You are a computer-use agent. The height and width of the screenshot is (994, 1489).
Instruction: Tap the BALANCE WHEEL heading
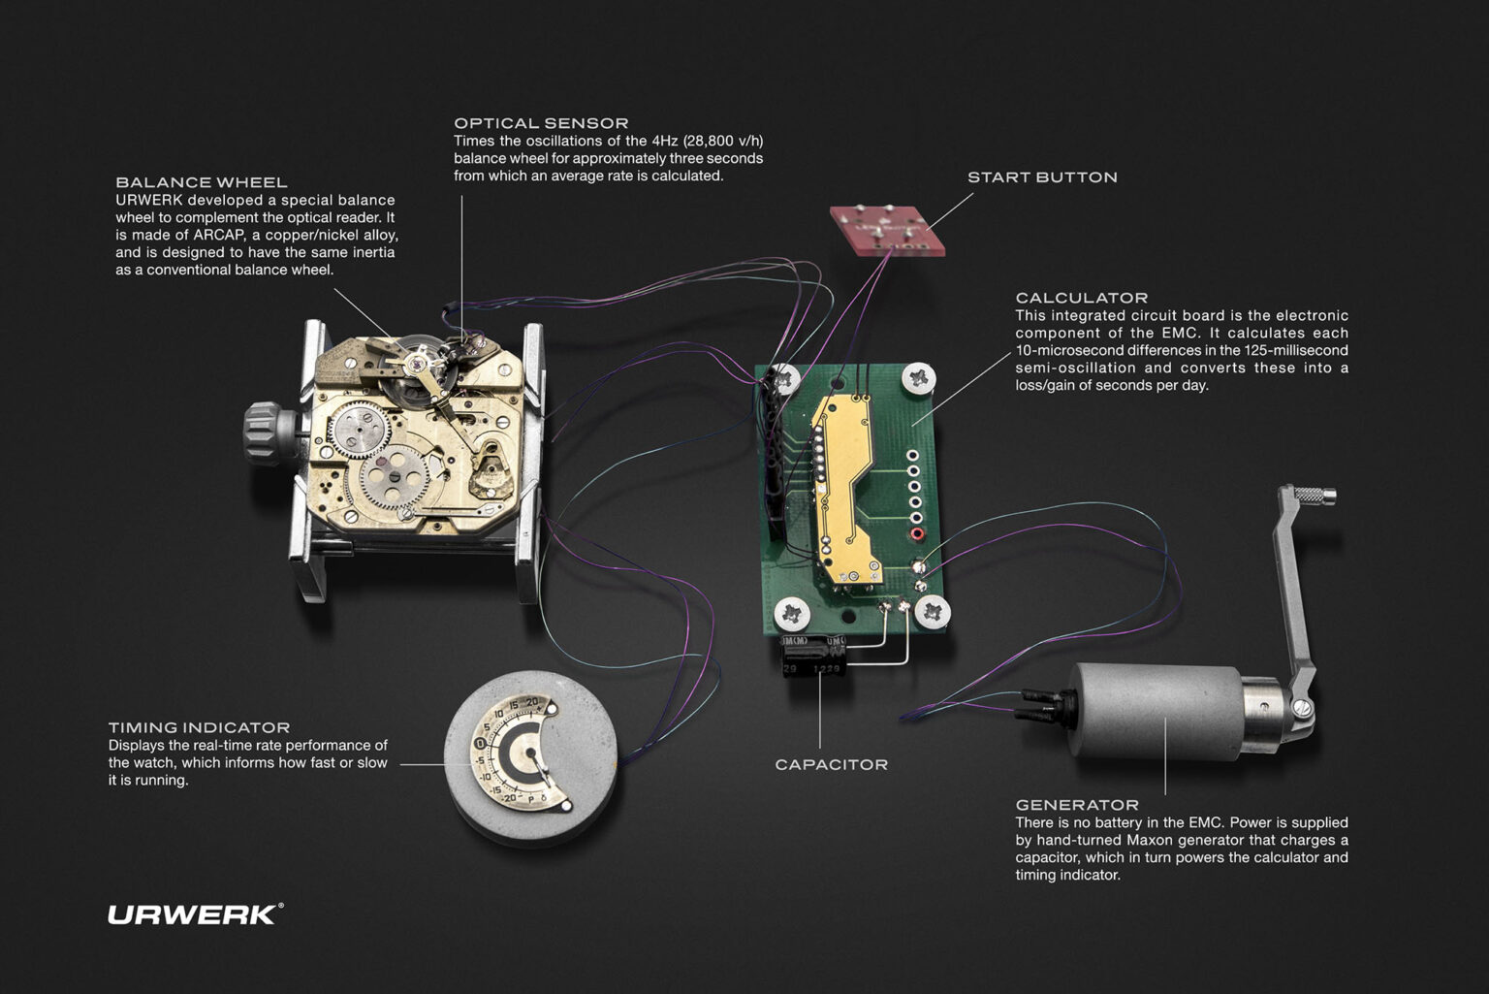[202, 182]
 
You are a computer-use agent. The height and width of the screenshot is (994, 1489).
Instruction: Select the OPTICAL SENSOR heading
[541, 123]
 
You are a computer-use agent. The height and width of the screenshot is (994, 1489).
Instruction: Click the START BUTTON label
[1042, 177]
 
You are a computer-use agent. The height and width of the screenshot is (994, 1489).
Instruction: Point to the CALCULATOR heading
[1081, 298]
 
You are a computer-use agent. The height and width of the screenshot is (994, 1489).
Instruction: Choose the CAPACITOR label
[831, 764]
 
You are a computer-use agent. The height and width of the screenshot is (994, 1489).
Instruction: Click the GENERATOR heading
[1076, 805]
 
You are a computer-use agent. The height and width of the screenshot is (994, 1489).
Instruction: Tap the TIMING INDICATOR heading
[199, 727]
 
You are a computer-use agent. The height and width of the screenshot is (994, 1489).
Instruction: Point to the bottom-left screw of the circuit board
[792, 613]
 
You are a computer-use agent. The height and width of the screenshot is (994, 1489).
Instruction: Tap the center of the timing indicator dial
[530, 754]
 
